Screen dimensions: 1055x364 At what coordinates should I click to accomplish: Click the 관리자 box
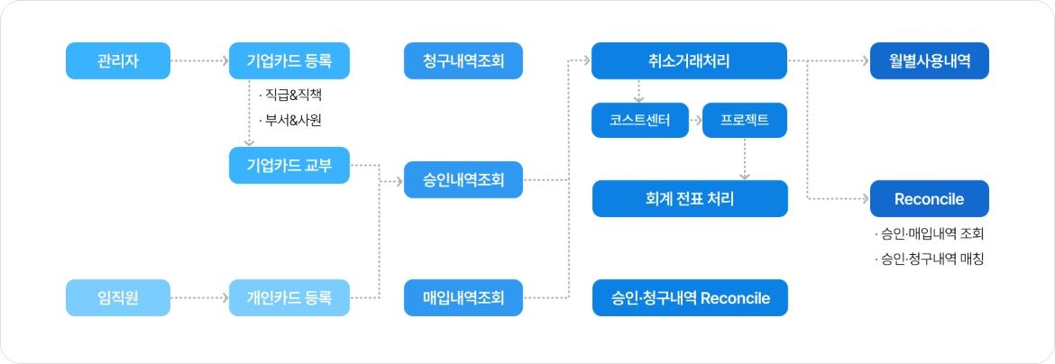(118, 60)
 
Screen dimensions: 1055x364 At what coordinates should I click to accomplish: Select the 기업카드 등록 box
(289, 60)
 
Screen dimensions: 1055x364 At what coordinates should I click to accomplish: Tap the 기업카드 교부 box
(289, 165)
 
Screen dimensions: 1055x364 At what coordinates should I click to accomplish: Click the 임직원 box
(118, 297)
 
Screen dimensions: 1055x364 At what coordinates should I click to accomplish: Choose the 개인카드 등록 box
(289, 297)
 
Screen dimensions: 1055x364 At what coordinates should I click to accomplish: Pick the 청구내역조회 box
(463, 60)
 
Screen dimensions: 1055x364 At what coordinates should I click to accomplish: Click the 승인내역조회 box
(463, 179)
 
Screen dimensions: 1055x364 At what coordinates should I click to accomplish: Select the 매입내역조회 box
(463, 297)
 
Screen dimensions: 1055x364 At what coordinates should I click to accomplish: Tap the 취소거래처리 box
(690, 60)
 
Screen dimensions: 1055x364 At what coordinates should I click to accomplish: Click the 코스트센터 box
(640, 121)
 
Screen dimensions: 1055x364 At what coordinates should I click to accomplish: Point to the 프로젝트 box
(745, 121)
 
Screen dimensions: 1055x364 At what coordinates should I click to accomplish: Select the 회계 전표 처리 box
(690, 198)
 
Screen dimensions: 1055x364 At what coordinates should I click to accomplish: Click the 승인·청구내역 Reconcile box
(690, 297)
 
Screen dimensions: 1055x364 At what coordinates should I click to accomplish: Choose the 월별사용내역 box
(929, 60)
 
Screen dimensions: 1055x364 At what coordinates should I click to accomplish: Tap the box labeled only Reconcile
(929, 198)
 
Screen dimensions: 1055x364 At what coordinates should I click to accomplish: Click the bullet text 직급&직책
(294, 96)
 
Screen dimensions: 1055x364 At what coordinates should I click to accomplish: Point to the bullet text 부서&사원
(294, 121)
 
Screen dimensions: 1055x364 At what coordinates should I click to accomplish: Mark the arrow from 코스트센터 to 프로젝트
(696, 121)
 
